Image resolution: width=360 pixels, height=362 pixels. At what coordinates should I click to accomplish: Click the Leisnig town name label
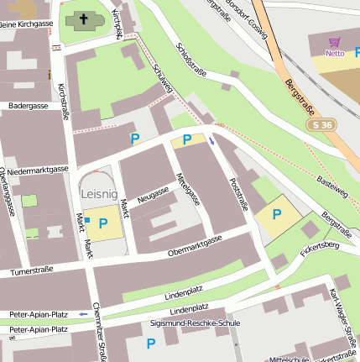[x=100, y=193]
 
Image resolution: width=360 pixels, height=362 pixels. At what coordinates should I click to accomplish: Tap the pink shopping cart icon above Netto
[x=335, y=43]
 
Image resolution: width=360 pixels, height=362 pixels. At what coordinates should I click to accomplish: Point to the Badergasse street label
[x=29, y=107]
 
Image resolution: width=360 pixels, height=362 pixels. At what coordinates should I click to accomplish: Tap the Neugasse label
[x=154, y=195]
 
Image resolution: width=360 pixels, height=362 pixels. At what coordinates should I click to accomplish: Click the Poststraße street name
[x=238, y=192]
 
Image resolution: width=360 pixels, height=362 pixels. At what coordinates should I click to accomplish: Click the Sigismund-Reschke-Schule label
[x=183, y=323]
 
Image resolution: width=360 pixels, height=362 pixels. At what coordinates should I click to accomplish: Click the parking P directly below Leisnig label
[x=103, y=223]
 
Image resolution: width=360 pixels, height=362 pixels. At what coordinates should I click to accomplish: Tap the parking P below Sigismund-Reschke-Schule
[x=151, y=344]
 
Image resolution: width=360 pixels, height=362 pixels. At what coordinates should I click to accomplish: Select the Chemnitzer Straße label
[x=99, y=332]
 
